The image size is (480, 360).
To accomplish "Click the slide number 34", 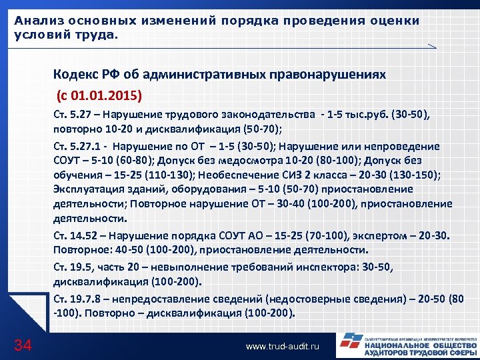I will point(23,344).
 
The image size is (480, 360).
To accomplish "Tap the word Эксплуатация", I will point(89,190).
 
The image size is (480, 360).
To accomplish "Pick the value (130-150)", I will point(411,175).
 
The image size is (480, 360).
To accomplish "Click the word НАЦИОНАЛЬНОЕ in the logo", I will point(400,347).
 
